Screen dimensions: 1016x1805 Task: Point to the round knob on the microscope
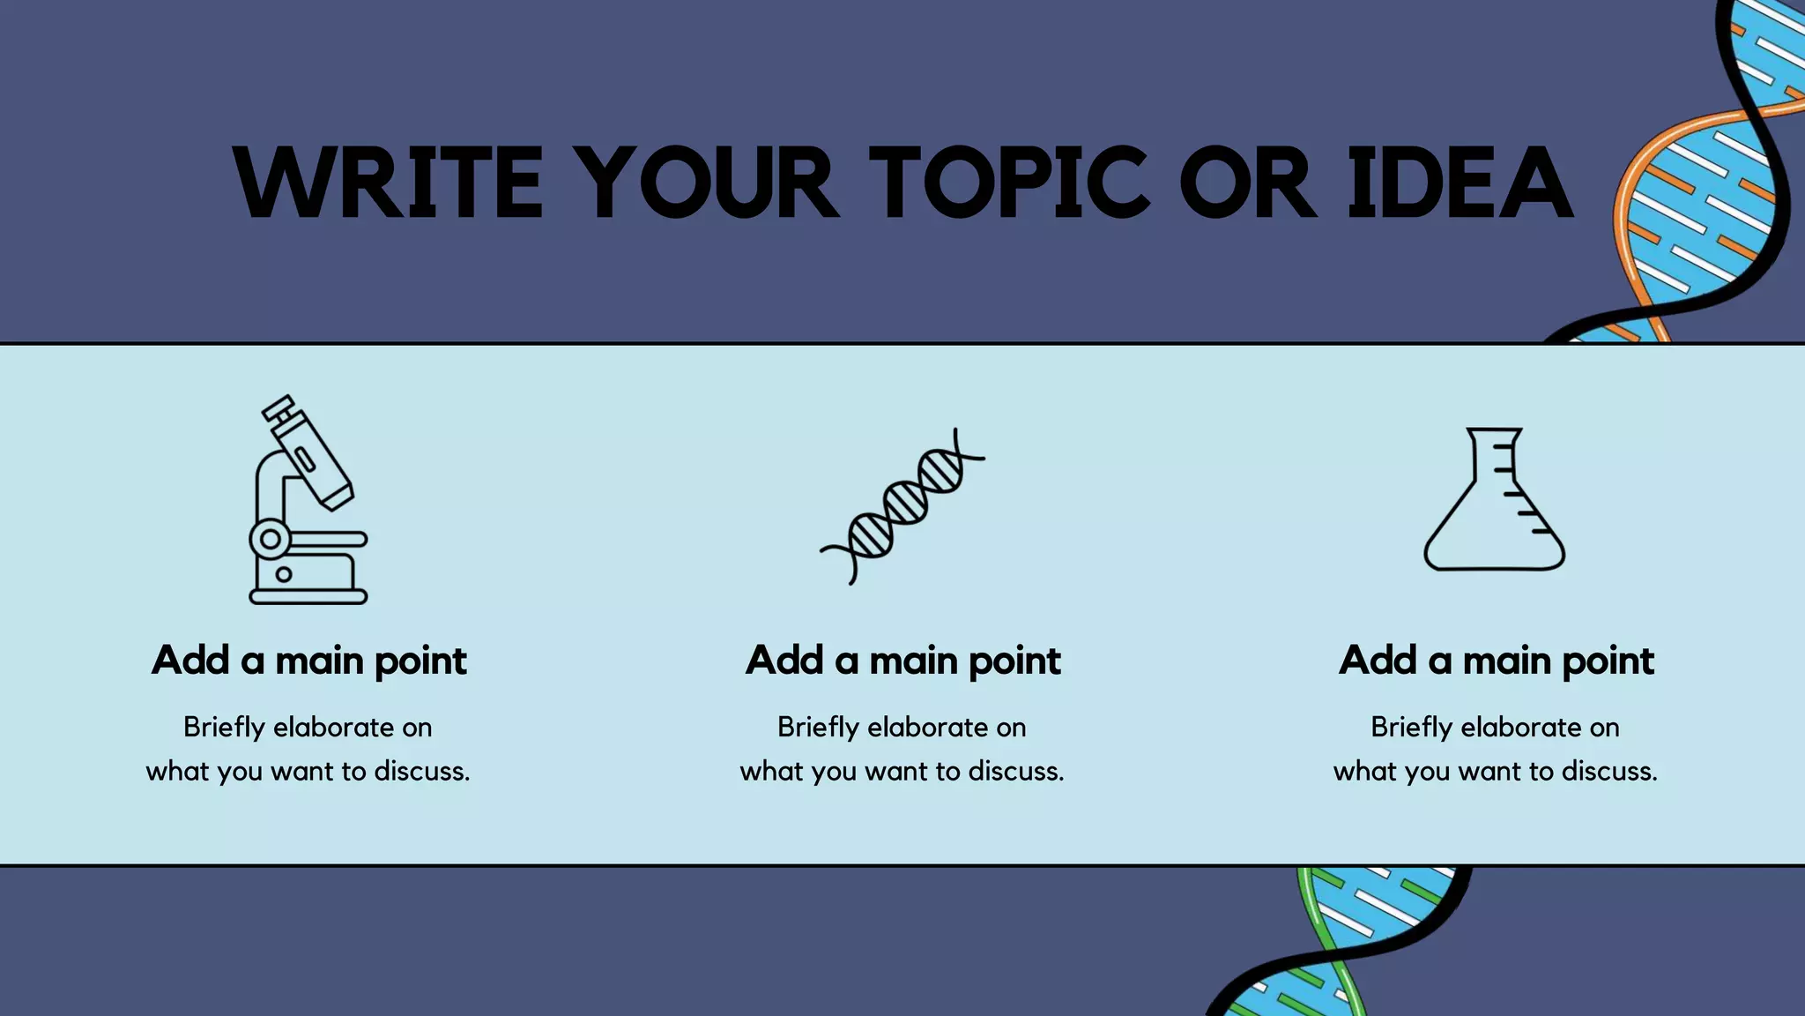point(270,538)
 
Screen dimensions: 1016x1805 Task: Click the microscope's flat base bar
point(308,597)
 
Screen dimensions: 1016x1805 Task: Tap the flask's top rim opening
point(1494,431)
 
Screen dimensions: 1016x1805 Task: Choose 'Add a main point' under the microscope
point(308,661)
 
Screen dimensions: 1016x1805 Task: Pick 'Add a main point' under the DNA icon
point(902,661)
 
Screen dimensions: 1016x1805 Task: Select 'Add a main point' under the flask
point(1496,661)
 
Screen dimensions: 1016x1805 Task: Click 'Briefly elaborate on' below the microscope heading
point(308,728)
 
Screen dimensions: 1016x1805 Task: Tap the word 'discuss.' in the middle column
point(1015,772)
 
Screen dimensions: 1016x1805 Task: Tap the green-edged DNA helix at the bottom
point(1340,939)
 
